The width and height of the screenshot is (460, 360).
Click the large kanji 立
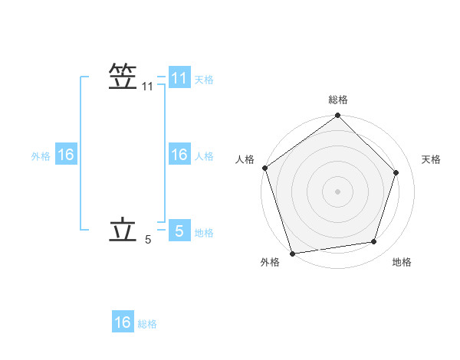click(123, 230)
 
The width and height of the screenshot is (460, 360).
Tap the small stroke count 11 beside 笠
click(148, 87)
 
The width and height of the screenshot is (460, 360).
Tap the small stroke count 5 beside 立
click(148, 241)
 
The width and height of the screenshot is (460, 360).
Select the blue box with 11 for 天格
click(179, 78)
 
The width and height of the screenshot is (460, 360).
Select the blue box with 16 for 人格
click(179, 155)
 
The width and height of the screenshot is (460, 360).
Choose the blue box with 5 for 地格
click(179, 231)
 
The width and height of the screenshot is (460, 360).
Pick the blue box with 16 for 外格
click(66, 155)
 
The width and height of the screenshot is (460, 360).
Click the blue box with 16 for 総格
click(123, 322)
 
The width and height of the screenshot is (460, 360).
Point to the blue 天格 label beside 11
click(204, 79)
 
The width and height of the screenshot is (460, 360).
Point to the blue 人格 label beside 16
click(204, 155)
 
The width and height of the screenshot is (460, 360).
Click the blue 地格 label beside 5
click(204, 232)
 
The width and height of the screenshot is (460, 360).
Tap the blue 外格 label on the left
click(41, 155)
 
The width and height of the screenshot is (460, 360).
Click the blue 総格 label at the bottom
click(147, 324)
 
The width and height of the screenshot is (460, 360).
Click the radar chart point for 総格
click(338, 116)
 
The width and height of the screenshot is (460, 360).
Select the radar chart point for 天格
click(396, 172)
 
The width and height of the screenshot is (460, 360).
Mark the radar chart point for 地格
click(374, 242)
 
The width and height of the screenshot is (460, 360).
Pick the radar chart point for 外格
click(293, 253)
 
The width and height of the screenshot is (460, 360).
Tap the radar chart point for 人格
click(265, 168)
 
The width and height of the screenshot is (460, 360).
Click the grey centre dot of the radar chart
click(338, 191)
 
